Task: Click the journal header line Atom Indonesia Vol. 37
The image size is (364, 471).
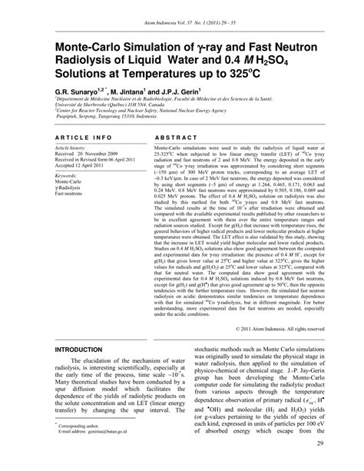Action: click(x=181, y=22)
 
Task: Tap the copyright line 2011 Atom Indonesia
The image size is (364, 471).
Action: click(x=274, y=327)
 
